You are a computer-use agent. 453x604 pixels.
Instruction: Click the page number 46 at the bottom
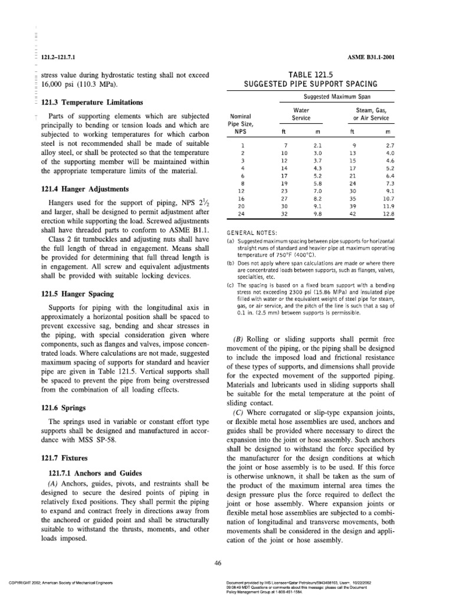point(218,564)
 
